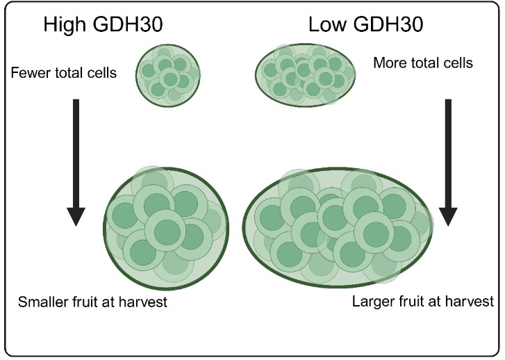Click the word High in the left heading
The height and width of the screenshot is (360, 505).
[65, 26]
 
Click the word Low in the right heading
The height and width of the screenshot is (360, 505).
[326, 26]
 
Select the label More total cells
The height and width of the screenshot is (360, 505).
[423, 63]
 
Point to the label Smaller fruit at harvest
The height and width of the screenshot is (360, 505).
[93, 302]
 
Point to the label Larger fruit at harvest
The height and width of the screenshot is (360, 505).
[423, 302]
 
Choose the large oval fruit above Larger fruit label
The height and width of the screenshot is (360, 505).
[340, 227]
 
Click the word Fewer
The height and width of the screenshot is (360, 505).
[29, 72]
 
